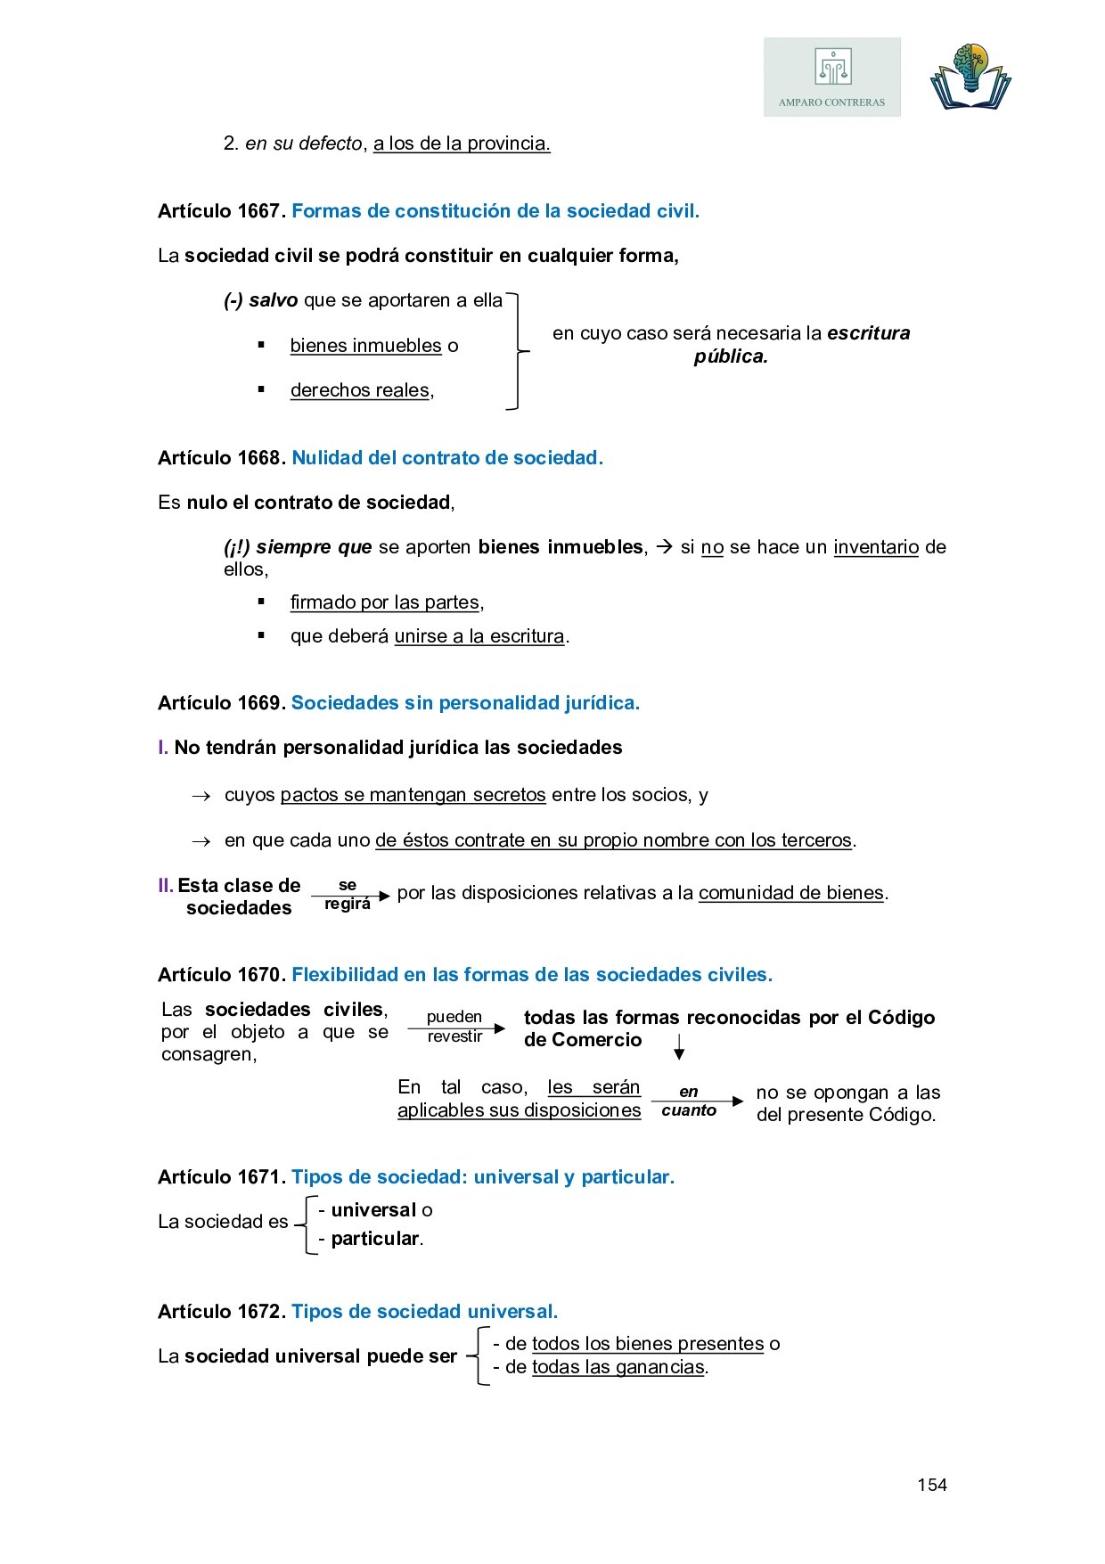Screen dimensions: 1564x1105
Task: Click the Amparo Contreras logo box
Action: coord(831,77)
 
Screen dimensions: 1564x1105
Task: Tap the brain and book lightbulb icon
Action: coord(970,77)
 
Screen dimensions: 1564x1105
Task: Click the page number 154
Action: coord(931,1485)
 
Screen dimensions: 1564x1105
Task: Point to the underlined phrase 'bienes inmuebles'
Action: coord(365,346)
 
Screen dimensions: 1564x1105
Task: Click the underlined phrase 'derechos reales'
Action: coord(360,390)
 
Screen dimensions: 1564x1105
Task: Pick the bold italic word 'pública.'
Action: coord(731,356)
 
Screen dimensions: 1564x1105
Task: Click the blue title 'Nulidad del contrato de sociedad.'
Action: coord(447,458)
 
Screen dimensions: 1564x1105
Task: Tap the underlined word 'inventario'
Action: coord(875,547)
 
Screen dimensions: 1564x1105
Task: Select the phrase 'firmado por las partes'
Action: coord(385,602)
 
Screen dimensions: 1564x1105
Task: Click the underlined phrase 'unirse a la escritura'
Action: coord(479,636)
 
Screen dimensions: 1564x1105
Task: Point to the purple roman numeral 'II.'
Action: coord(166,886)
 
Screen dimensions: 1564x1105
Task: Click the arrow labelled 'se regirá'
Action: coord(350,896)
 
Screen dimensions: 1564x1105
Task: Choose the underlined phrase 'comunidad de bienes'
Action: coord(791,893)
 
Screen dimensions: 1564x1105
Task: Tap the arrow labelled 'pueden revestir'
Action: coord(456,1028)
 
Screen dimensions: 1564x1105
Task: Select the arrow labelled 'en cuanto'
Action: coord(696,1101)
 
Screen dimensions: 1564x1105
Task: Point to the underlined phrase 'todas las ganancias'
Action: coord(618,1367)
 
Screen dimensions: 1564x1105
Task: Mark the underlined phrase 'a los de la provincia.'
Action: coord(462,143)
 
